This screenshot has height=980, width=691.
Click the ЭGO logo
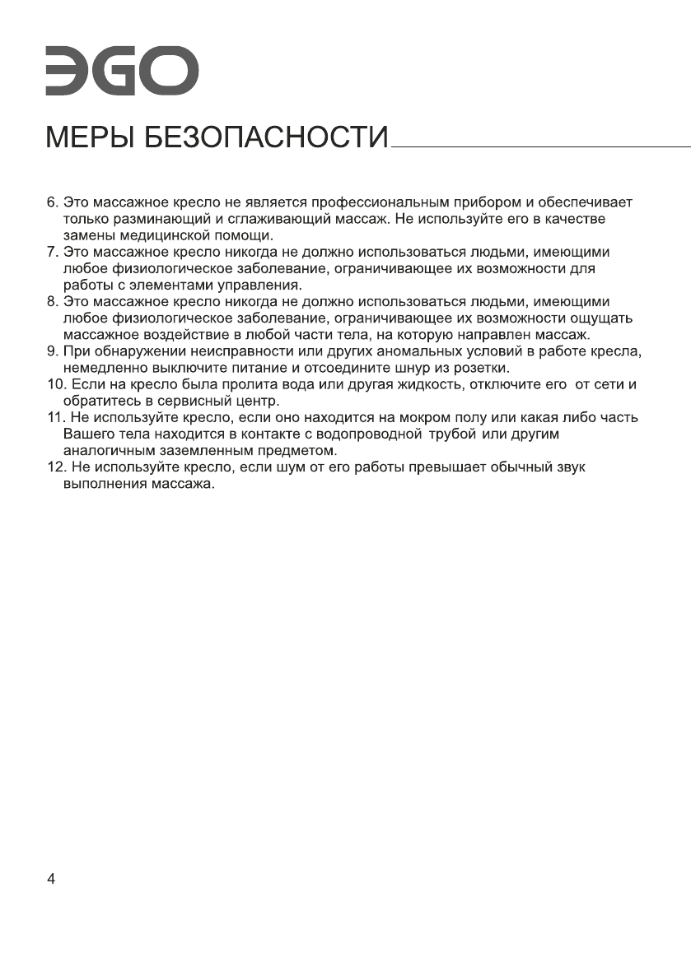click(x=121, y=72)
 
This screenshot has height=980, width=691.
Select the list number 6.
click(x=50, y=202)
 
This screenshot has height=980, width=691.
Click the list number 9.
click(x=50, y=351)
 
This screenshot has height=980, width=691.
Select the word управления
click(x=262, y=285)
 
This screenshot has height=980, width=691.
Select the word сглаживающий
click(x=264, y=218)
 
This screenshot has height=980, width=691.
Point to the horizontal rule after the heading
click(x=541, y=148)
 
